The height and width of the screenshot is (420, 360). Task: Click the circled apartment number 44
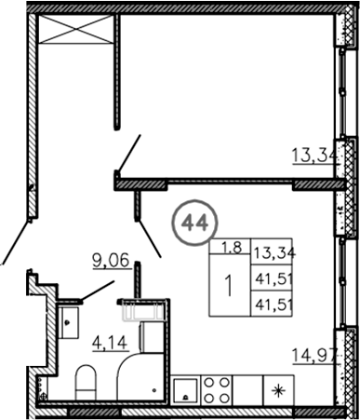(x=194, y=223)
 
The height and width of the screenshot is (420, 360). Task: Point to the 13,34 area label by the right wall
(x=314, y=156)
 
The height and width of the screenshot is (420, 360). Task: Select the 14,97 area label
(x=313, y=356)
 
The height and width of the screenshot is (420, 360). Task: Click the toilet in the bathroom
(x=87, y=382)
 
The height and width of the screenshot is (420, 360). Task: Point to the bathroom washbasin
(x=68, y=321)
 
